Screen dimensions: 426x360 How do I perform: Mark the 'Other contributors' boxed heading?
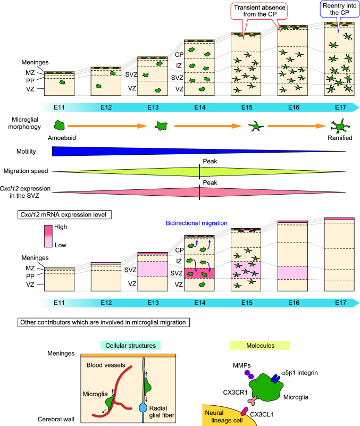(x=104, y=322)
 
